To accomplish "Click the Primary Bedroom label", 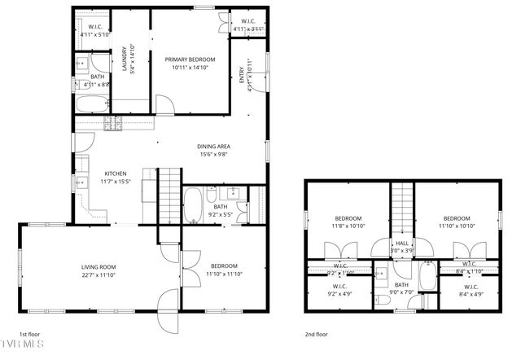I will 190,59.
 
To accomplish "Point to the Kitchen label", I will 114,174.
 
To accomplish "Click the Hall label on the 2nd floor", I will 402,243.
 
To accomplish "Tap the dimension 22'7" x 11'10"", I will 98,274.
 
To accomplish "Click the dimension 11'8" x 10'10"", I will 348,226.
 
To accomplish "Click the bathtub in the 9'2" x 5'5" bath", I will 193,205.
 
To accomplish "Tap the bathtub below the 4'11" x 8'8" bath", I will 91,104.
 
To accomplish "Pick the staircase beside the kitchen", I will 168,195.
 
